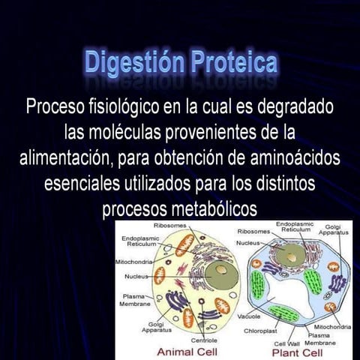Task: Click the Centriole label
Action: (204, 340)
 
